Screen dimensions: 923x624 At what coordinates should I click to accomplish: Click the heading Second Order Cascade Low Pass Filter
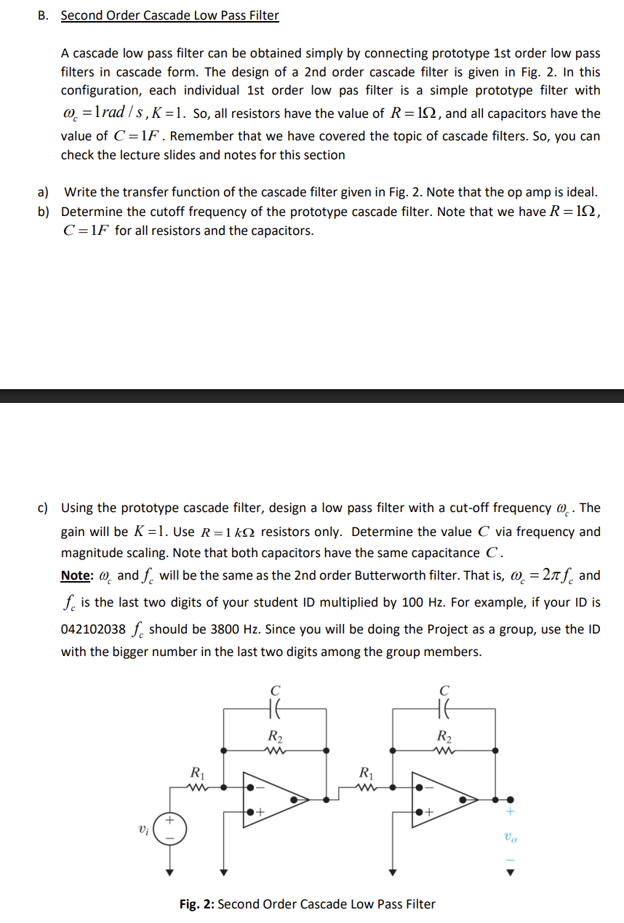(169, 15)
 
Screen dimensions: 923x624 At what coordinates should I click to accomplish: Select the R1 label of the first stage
(196, 772)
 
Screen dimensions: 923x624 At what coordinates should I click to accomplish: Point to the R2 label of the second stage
(445, 734)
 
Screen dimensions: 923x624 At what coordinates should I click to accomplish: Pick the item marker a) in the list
(43, 193)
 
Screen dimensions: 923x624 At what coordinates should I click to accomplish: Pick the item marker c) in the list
(43, 508)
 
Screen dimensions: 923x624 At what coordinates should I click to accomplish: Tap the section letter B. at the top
(43, 15)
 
